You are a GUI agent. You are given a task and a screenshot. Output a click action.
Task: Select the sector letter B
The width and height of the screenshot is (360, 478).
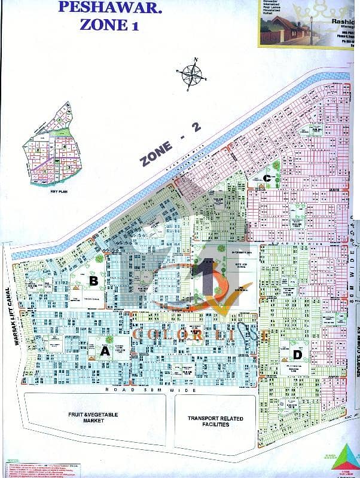pos(93,280)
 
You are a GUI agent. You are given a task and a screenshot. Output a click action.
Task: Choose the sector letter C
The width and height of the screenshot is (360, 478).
pos(270,177)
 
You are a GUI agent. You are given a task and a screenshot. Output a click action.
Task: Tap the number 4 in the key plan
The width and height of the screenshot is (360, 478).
pos(64,146)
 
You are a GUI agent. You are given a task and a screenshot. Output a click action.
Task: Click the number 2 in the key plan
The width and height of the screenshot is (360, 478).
pos(37,151)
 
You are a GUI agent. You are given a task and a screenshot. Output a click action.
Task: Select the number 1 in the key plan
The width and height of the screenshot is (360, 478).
pos(44,171)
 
